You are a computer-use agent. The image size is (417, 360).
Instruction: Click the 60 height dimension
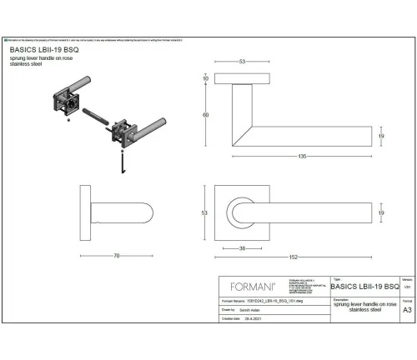(205, 115)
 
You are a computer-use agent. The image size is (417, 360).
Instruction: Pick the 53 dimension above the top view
(241, 61)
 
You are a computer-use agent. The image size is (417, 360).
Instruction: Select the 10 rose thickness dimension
(205, 79)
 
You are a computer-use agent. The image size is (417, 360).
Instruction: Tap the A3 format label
(406, 309)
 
